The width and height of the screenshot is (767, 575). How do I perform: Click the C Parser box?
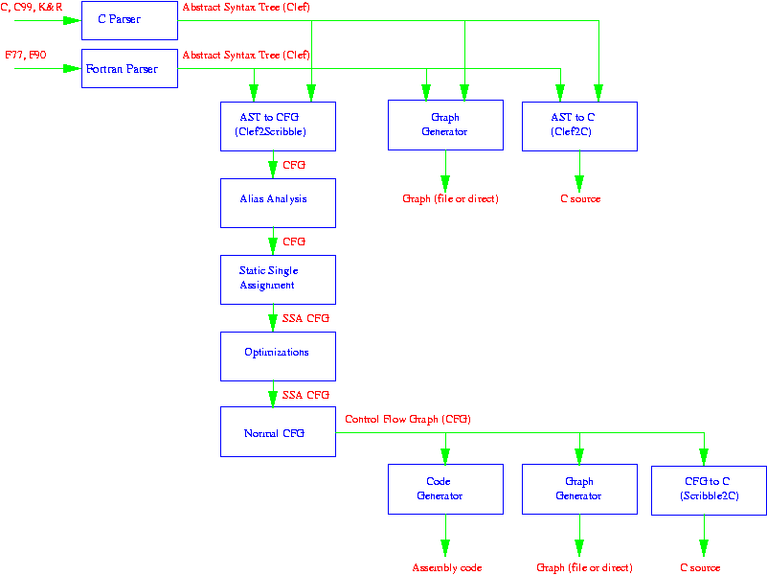tap(129, 20)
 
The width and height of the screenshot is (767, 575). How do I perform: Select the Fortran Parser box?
tap(129, 69)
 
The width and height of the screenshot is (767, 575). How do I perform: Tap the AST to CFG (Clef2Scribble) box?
tap(278, 126)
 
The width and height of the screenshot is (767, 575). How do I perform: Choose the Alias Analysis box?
tap(278, 202)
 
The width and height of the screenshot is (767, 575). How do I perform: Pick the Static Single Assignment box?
tap(278, 279)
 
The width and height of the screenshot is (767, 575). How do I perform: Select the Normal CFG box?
tap(278, 431)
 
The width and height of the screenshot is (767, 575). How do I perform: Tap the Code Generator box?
tap(445, 489)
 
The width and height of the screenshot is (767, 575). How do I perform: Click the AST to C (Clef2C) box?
tap(579, 126)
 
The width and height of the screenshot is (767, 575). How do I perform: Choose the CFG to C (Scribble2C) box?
tap(708, 489)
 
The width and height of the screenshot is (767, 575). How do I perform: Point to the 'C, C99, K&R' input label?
tap(34, 8)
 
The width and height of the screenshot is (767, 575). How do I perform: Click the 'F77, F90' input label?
tap(26, 56)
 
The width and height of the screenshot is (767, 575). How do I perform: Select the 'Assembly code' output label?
tap(447, 567)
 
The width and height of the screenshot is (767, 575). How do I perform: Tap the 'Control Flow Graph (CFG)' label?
tap(408, 420)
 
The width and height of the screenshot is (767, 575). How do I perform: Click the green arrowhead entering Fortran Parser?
tap(72, 69)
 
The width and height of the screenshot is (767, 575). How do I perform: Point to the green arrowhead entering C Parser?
tap(72, 20)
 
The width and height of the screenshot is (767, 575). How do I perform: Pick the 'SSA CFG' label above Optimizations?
tap(305, 318)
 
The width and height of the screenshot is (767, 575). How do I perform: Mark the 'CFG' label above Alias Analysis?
tap(294, 165)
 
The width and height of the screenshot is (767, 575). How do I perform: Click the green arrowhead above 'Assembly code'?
tap(445, 548)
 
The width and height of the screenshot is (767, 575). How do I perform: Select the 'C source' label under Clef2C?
tap(580, 199)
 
